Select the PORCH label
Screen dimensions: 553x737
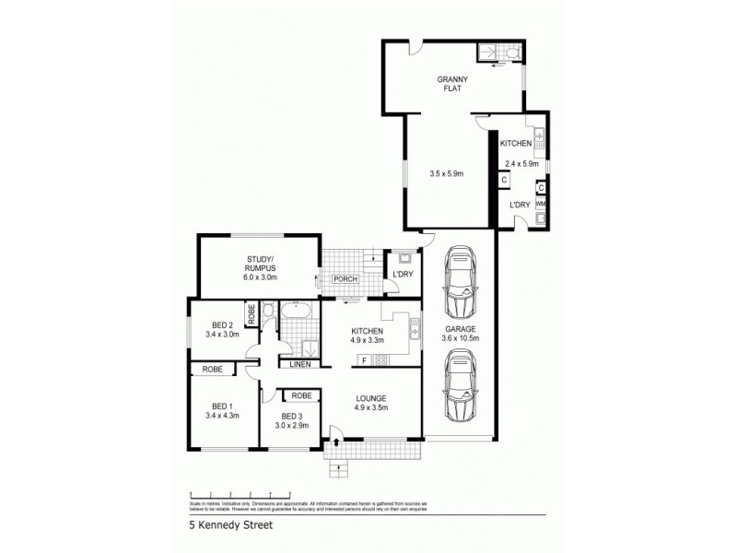tap(345, 279)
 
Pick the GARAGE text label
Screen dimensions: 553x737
tap(460, 329)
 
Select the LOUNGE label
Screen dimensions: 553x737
tap(373, 398)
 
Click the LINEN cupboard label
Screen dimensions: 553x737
tap(300, 364)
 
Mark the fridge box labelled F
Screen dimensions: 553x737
tap(365, 359)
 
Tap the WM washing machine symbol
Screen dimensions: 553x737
tap(540, 203)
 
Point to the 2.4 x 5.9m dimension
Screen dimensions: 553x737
tap(521, 164)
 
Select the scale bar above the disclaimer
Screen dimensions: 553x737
tap(240, 494)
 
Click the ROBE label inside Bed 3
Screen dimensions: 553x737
tap(300, 395)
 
